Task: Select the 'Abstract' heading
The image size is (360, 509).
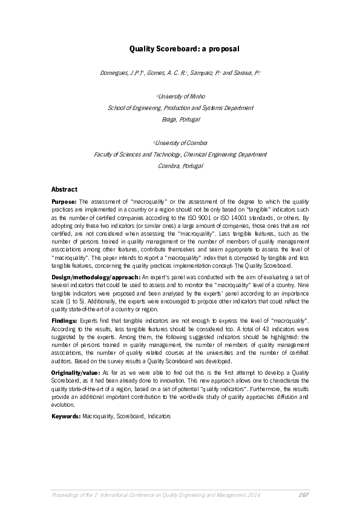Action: tap(65, 189)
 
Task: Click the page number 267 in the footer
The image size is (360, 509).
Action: tap(304, 495)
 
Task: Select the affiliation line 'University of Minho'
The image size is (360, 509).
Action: tap(182, 96)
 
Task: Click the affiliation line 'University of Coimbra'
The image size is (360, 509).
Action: tap(182, 143)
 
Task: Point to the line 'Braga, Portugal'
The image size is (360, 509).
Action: tap(180, 120)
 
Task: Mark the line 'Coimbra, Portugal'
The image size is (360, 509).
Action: tap(180, 166)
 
